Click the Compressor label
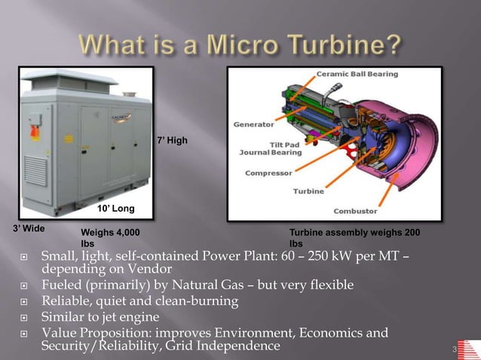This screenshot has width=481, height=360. click(x=270, y=173)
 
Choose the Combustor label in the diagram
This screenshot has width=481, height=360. click(x=355, y=211)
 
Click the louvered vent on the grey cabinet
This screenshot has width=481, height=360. click(x=35, y=178)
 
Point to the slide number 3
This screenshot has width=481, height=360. click(x=455, y=349)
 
